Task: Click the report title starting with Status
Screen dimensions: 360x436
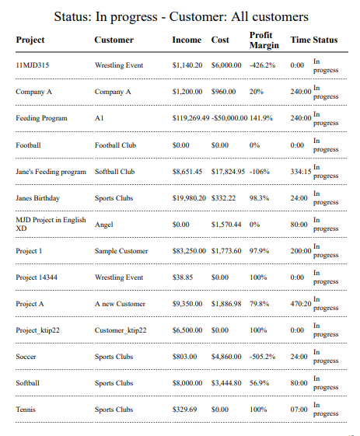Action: coord(181,16)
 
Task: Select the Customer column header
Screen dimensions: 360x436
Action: coord(114,40)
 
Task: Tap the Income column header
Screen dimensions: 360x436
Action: coord(187,40)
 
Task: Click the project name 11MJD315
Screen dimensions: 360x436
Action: coord(32,65)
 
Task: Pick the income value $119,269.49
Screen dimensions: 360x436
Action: coord(190,118)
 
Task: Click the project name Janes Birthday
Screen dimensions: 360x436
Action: coord(37,198)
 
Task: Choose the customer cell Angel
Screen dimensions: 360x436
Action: coord(103,225)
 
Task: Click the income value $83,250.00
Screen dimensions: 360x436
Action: coord(189,251)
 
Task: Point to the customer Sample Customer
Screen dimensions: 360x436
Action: coord(121,251)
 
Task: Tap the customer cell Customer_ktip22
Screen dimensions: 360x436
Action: coord(121,330)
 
